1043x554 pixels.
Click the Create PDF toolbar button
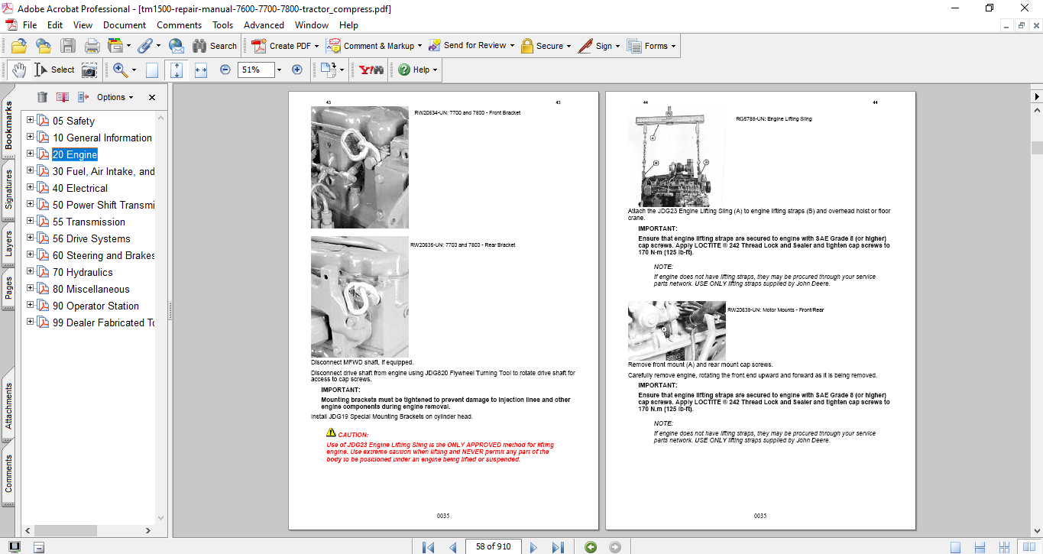281,46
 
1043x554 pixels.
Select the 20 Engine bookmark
74,154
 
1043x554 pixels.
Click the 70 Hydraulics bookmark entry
82,272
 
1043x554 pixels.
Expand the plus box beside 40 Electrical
31,187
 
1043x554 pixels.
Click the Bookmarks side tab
8,127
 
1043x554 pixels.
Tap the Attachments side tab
8,406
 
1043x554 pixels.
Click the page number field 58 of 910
493,546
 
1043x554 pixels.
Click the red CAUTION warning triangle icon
331,433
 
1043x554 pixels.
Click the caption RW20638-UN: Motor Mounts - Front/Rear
775,310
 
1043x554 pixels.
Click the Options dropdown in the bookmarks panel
114,97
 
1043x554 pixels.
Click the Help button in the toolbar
417,70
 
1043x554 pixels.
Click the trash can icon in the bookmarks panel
42,97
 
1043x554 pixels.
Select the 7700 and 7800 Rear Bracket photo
359,296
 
